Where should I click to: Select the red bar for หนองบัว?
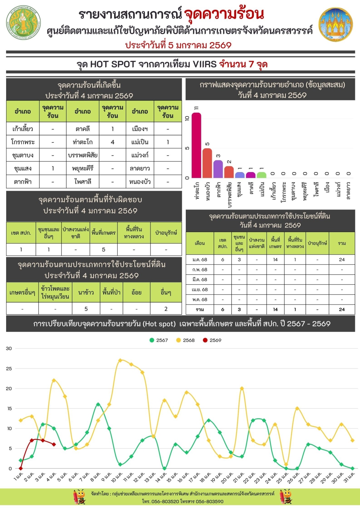pos(207,163)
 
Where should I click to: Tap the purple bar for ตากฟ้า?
pos(218,169)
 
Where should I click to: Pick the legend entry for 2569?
pos(212,340)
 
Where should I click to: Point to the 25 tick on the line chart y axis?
pos(9,369)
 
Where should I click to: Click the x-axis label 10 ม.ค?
pos(116,478)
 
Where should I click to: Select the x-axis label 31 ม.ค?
pos(349,478)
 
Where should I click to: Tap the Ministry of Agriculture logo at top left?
pos(23,22)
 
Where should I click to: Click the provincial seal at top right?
pos(336,24)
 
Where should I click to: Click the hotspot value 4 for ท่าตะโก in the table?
pos(112,142)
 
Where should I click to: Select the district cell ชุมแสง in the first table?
pos(23,168)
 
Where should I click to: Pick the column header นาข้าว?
pos(86,292)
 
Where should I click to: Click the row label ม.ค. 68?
pos(200,260)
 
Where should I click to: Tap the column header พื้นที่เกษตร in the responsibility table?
pos(103,233)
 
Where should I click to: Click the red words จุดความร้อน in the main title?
pos(224,14)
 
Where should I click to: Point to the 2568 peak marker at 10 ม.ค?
pos(120,360)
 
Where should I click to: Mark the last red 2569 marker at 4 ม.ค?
pos(54,445)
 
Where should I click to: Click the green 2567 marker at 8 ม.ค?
pos(98,405)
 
